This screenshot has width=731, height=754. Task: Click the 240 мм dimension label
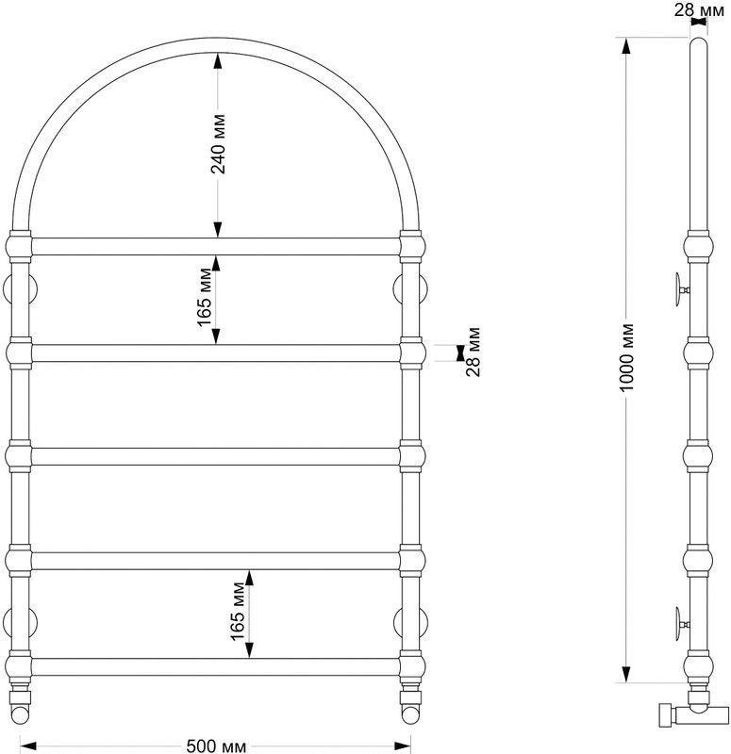point(218,144)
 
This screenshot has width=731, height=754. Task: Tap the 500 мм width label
point(216,746)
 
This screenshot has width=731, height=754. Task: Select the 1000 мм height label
point(626,357)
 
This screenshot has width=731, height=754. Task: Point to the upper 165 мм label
point(205,297)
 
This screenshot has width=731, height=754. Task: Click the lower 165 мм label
point(239,611)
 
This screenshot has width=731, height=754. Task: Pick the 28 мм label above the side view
point(699,9)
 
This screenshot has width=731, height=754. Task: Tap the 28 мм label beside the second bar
point(473,352)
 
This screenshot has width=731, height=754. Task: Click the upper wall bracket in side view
point(681,289)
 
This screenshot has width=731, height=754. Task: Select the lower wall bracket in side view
point(681,624)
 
